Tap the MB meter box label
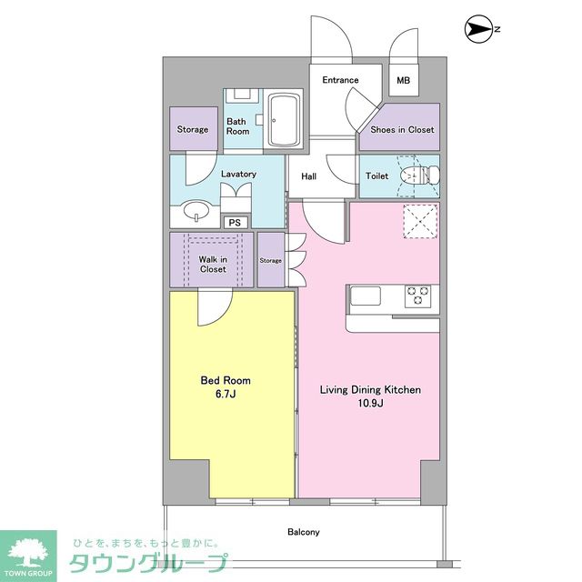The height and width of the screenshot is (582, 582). [403, 80]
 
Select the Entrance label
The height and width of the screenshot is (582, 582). [340, 80]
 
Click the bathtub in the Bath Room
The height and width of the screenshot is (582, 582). [285, 120]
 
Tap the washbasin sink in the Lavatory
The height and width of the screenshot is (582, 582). [196, 210]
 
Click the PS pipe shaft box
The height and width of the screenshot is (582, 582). [235, 222]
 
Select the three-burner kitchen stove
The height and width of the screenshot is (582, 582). [418, 296]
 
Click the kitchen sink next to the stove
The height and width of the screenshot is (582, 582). [366, 296]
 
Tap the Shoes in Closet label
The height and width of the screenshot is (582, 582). [402, 129]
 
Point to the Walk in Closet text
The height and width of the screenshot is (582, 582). [213, 265]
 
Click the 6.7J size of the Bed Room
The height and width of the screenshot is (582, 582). [226, 394]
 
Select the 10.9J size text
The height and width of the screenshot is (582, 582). [370, 403]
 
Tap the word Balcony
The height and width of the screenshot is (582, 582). [303, 532]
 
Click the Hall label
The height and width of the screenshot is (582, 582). [309, 176]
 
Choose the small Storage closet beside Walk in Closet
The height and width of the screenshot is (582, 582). [271, 260]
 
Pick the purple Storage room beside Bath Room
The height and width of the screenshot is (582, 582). [194, 128]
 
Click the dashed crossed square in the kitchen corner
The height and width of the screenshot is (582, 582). [420, 221]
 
